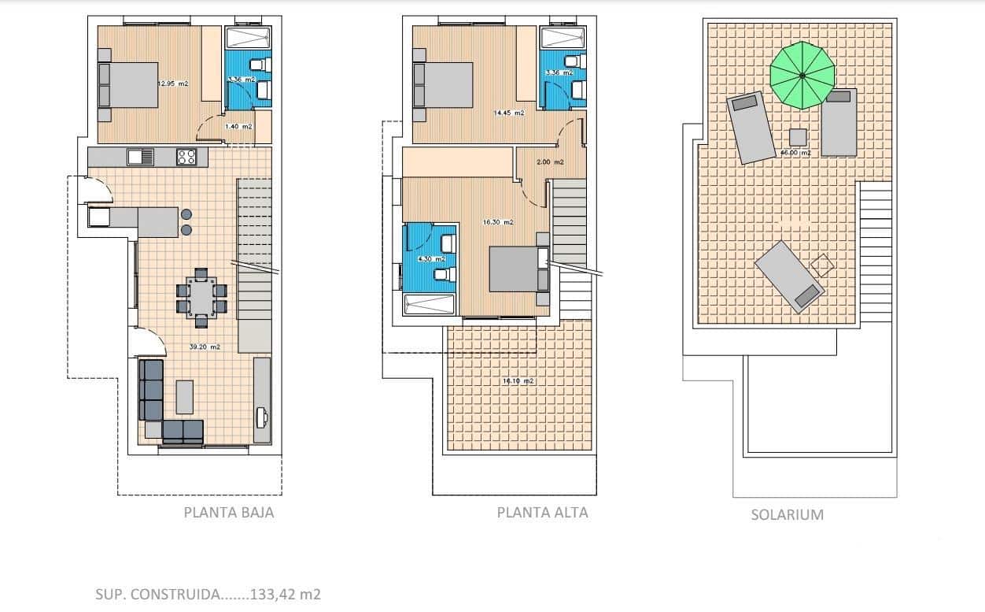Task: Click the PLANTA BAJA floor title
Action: pyautogui.click(x=229, y=513)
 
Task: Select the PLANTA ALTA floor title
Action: pyautogui.click(x=542, y=513)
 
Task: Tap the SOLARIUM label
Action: pyautogui.click(x=788, y=515)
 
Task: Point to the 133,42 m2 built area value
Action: pyautogui.click(x=285, y=595)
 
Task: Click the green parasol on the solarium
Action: pyautogui.click(x=801, y=76)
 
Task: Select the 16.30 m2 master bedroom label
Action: pyautogui.click(x=498, y=222)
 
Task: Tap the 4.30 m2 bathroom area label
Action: pyautogui.click(x=431, y=258)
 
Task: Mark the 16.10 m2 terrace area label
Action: pyautogui.click(x=518, y=381)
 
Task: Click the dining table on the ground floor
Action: pyautogui.click(x=201, y=299)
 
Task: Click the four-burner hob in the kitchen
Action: pyautogui.click(x=186, y=158)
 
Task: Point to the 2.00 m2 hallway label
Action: pyautogui.click(x=550, y=162)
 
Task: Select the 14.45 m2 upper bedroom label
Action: pyautogui.click(x=508, y=113)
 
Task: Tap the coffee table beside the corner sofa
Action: pyautogui.click(x=184, y=396)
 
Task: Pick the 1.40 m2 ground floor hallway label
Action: pyautogui.click(x=238, y=126)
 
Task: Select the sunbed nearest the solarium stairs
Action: pyautogui.click(x=789, y=276)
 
